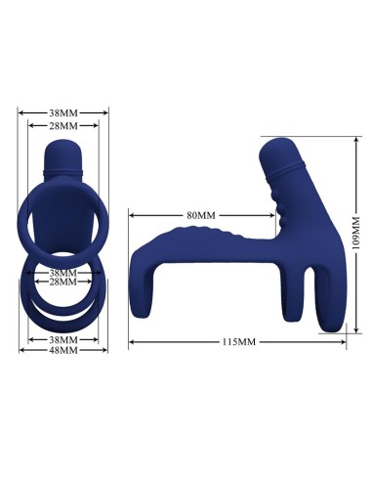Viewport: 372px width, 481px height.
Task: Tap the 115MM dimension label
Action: pos(240,342)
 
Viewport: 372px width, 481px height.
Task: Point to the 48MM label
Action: pos(62,350)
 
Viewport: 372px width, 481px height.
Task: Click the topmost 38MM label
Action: pos(62,111)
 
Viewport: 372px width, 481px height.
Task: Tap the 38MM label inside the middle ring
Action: pos(62,272)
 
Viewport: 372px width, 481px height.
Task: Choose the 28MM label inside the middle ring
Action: pos(62,282)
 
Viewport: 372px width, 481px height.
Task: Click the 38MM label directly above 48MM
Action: pos(62,339)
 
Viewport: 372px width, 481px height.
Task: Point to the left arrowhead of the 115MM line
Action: pos(131,342)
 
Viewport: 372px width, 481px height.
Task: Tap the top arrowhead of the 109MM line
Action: pos(348,139)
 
